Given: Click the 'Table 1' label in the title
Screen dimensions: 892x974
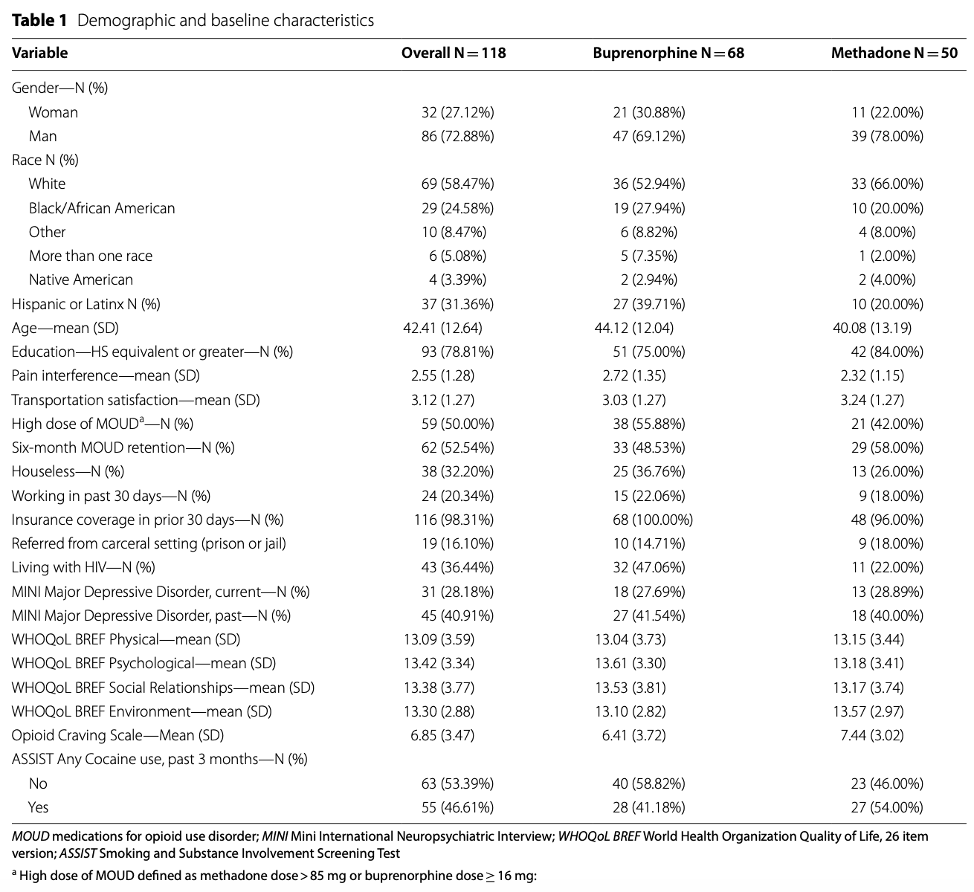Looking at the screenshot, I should pyautogui.click(x=39, y=20).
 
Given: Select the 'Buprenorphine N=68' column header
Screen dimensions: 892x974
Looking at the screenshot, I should pyautogui.click(x=668, y=53).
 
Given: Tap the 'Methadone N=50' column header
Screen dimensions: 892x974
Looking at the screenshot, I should pyautogui.click(x=894, y=53).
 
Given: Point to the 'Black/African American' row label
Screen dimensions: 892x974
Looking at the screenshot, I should pyautogui.click(x=102, y=208).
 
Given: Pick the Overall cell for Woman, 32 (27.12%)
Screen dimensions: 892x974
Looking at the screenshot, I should pyautogui.click(x=457, y=112).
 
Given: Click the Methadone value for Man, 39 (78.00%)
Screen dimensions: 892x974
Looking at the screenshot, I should pyautogui.click(x=887, y=136).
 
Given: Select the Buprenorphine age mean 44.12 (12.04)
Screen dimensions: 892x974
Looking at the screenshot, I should pyautogui.click(x=634, y=328).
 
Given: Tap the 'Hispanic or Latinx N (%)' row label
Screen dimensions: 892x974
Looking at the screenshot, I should pyautogui.click(x=86, y=304).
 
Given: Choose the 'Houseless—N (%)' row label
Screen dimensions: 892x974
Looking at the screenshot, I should pyautogui.click(x=68, y=471).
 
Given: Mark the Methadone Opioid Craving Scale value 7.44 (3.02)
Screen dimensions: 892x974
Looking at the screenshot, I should pyautogui.click(x=868, y=735).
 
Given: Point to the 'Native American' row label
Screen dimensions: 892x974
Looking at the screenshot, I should pyautogui.click(x=81, y=279).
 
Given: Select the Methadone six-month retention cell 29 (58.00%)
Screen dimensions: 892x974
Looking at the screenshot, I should pyautogui.click(x=887, y=447).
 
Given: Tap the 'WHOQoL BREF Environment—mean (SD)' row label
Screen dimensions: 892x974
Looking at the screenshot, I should pyautogui.click(x=141, y=711).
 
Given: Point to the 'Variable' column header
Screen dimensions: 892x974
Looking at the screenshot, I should pyautogui.click(x=39, y=53).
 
